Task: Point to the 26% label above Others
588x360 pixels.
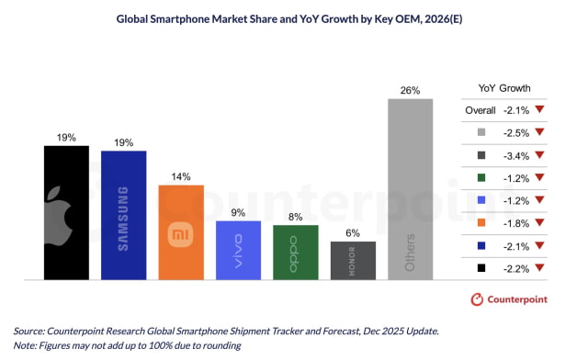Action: (410, 91)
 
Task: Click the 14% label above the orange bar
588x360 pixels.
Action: (181, 176)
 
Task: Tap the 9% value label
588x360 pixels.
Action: (238, 213)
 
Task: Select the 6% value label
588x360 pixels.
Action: (353, 233)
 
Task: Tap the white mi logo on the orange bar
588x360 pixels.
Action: (181, 235)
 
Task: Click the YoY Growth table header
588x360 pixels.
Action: (504, 89)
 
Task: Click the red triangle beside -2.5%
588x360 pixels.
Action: (539, 133)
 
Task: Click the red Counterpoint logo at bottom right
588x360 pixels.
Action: (477, 299)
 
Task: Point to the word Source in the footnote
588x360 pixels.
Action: (33, 330)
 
